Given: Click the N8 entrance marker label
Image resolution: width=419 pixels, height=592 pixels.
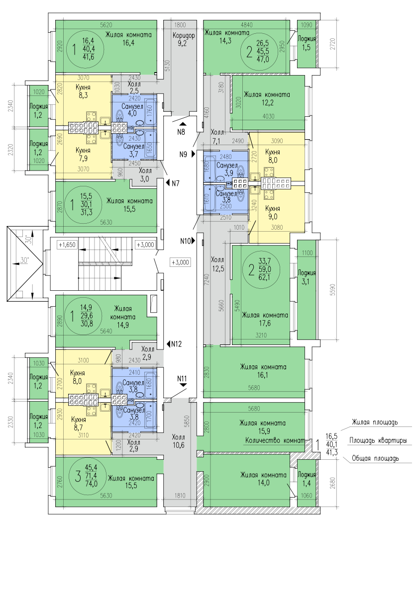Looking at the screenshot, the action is [181, 132].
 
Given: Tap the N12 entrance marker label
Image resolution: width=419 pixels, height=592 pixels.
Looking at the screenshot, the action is [176, 344].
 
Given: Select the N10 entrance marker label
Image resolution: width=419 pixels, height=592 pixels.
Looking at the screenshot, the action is [185, 241].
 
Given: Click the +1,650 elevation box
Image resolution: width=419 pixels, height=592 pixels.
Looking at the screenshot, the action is [67, 245].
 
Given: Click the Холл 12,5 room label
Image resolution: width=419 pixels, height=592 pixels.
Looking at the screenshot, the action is [217, 264].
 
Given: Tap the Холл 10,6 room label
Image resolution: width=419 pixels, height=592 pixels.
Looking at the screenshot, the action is [178, 441].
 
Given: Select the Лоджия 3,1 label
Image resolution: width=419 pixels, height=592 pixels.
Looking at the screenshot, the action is [307, 277].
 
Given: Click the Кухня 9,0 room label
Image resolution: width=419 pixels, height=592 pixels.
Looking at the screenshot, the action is [272, 213].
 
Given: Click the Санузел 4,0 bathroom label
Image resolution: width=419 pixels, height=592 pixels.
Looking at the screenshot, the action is [132, 110].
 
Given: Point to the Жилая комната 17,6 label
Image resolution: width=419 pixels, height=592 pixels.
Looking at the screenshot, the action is [265, 319].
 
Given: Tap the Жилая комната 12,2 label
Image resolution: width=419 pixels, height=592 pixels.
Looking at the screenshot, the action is [267, 98].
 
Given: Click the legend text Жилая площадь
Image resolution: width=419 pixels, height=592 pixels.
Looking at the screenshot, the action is [375, 423].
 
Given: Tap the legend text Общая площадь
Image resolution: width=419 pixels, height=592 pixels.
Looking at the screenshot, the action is [375, 458].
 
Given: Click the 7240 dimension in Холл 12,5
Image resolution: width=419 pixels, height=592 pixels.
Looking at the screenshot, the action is [207, 281].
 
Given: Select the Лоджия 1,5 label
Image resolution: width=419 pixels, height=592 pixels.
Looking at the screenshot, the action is [307, 43].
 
